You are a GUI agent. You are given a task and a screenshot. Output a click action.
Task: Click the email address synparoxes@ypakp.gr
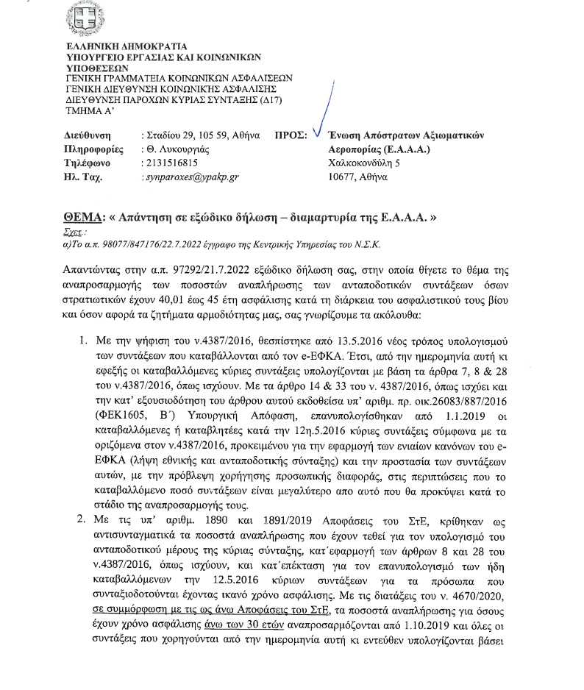coord(182,177)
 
